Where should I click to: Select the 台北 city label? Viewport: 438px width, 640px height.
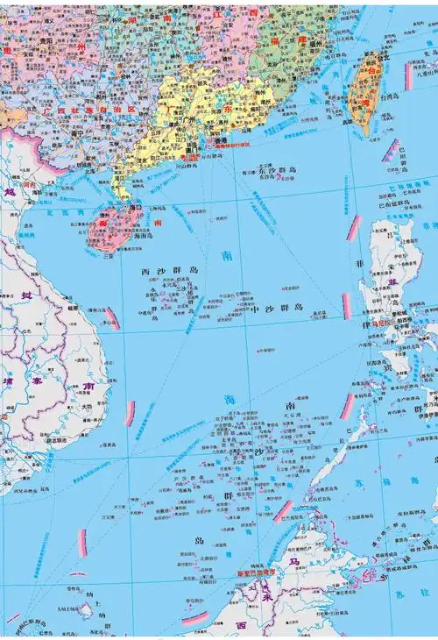pos(378,58)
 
